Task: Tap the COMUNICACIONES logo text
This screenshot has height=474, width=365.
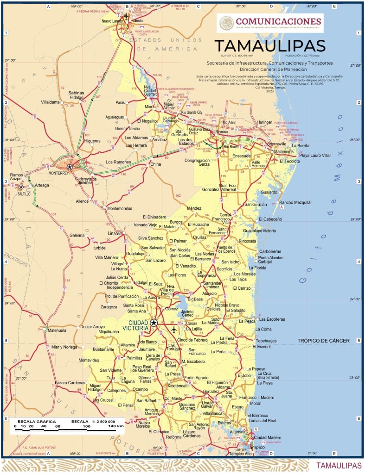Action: pyautogui.click(x=278, y=21)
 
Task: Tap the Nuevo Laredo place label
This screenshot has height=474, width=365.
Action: pyautogui.click(x=111, y=21)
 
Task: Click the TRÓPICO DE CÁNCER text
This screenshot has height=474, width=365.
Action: pyautogui.click(x=323, y=341)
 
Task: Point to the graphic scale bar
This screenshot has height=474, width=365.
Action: pyautogui.click(x=69, y=430)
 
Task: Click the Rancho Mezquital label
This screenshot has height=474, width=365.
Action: pyautogui.click(x=295, y=202)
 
